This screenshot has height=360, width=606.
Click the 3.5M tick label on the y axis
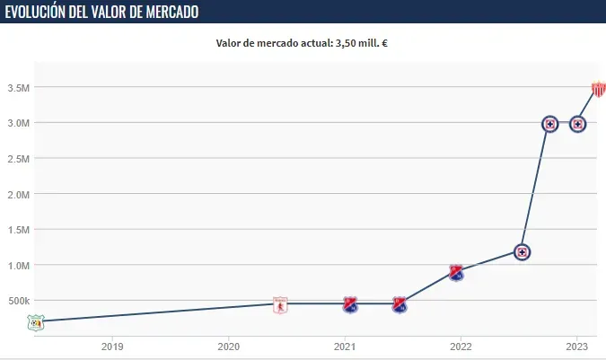coord(18,87)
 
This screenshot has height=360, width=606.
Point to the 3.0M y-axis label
coord(18,123)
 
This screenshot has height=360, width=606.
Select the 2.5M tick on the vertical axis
coord(18,158)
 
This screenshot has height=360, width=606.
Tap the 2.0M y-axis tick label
coord(18,194)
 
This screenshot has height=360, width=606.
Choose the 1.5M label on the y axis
coord(18,230)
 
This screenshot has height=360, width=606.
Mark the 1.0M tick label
coord(18,265)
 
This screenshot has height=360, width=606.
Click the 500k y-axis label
coord(17,301)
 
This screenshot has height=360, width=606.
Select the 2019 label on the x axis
coord(112,346)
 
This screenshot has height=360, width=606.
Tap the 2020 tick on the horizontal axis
coord(228,346)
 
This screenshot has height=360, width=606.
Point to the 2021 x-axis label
coord(345,346)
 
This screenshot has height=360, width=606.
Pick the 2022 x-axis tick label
coord(461,346)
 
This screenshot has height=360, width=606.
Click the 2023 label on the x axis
coord(576,346)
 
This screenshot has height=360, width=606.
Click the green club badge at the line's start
coord(35,321)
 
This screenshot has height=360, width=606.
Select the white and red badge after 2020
coord(280,305)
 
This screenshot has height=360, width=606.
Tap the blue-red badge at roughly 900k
coord(456,273)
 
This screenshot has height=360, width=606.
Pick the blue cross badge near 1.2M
coord(521,252)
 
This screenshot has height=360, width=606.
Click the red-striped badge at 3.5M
coord(599,88)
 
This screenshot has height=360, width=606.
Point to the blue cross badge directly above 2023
coord(578,124)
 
